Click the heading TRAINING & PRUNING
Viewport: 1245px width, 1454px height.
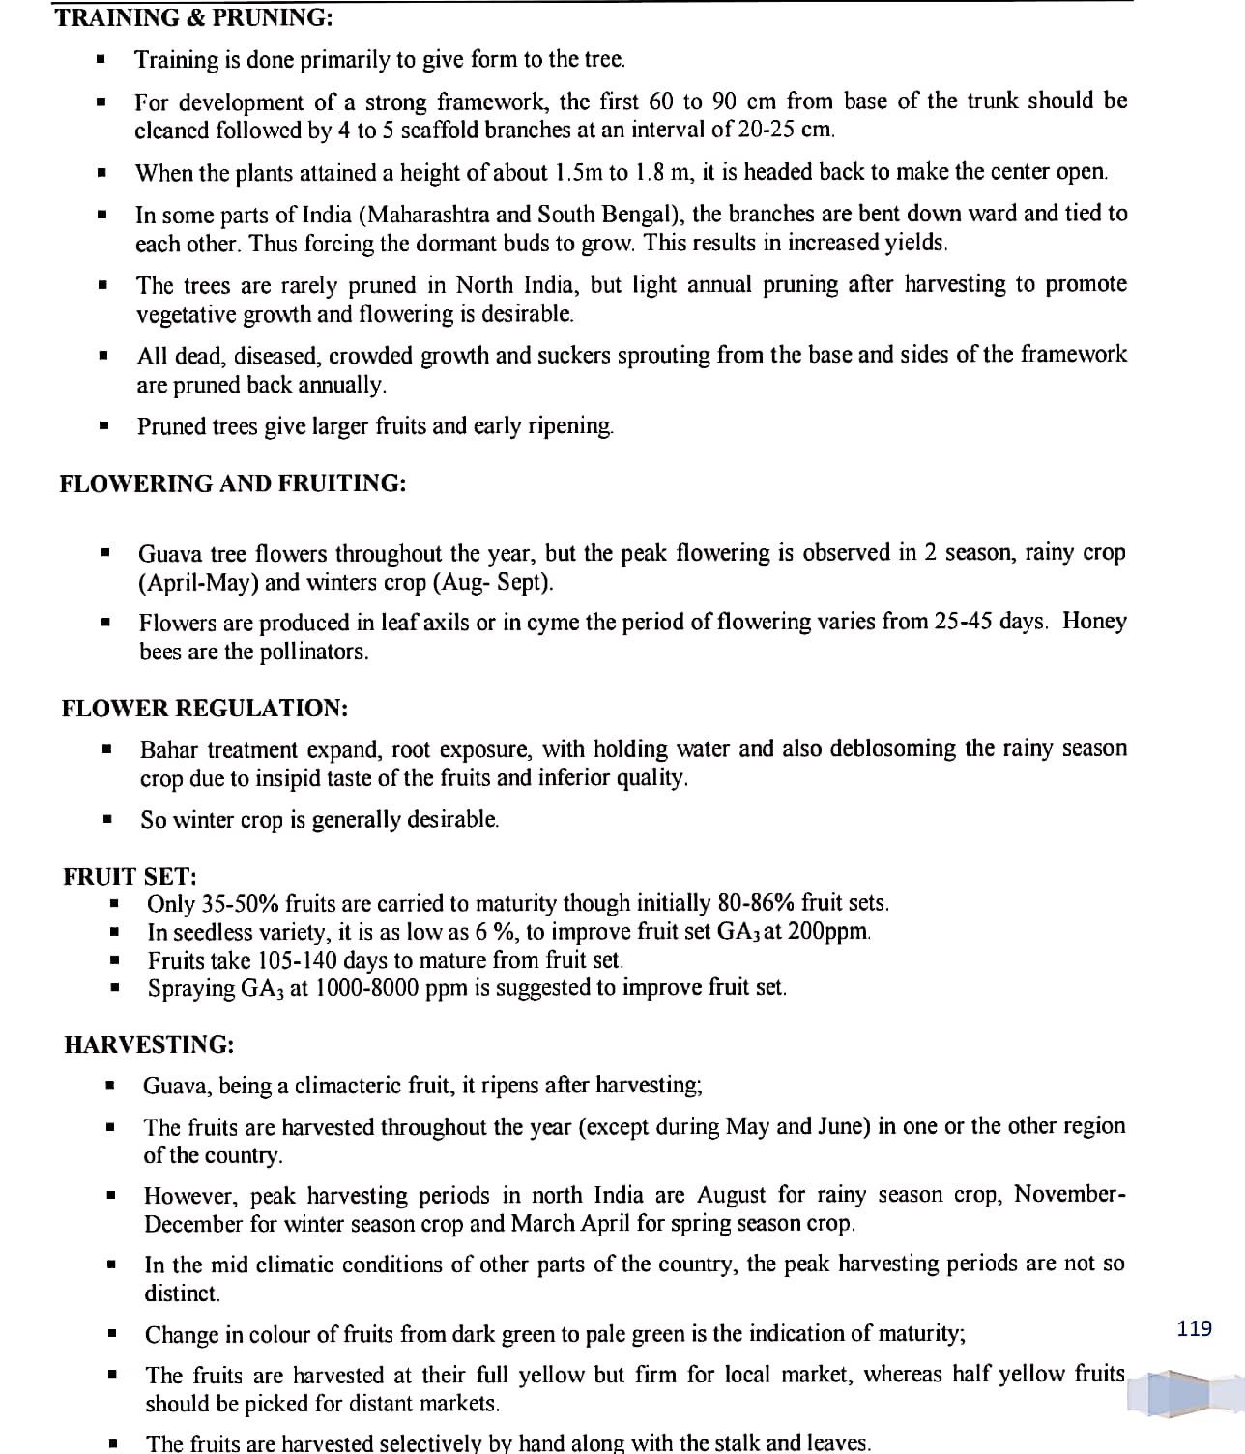[x=181, y=17]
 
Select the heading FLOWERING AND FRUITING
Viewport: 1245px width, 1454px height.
[x=232, y=483]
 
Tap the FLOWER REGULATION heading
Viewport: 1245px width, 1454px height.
[x=205, y=708]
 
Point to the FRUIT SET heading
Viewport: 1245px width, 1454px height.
[x=130, y=876]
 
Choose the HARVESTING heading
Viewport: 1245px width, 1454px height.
[x=149, y=1044]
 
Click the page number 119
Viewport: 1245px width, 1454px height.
[x=1195, y=1328]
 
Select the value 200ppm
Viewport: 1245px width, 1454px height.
[x=829, y=932]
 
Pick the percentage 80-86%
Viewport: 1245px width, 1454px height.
[x=756, y=903]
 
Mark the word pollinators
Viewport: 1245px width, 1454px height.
[x=313, y=652]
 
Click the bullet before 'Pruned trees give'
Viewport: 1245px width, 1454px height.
[x=102, y=425]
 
